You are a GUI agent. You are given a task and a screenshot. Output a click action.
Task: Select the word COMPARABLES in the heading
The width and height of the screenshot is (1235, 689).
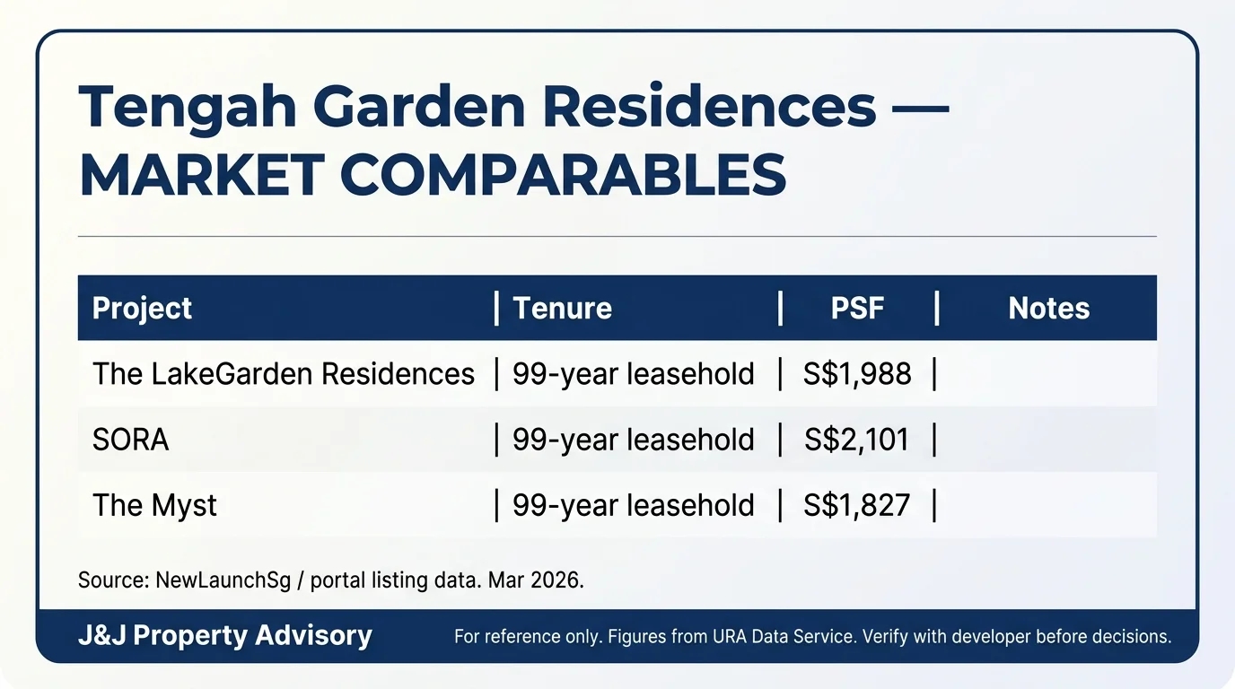point(563,175)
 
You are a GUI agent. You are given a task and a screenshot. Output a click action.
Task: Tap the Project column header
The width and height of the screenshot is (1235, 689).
point(142,309)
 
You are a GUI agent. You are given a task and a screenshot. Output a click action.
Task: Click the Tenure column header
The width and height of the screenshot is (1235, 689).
point(562,309)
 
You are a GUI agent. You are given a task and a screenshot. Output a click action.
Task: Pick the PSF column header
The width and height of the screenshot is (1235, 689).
point(857,309)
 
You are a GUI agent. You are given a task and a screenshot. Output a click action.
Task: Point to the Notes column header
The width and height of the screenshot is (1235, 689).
point(1048,309)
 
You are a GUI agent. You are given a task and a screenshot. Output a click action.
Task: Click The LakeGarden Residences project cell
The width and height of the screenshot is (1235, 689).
point(283,373)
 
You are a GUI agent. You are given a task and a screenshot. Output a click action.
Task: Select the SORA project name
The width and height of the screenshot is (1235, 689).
point(130,440)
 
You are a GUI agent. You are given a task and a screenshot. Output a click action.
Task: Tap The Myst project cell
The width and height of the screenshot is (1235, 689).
point(154,505)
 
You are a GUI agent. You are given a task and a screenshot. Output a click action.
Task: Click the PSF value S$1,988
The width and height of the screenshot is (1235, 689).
point(857,373)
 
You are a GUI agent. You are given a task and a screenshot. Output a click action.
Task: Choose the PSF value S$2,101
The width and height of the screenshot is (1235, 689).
point(857,440)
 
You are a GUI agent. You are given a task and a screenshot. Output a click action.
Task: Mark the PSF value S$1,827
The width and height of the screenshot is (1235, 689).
point(857,505)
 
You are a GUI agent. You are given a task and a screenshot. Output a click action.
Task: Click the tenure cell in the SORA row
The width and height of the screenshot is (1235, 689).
point(633,440)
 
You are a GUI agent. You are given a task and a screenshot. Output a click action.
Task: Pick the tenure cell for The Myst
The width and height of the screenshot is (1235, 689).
point(633,505)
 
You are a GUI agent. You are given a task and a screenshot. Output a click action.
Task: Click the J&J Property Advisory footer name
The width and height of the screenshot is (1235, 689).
point(224,636)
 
